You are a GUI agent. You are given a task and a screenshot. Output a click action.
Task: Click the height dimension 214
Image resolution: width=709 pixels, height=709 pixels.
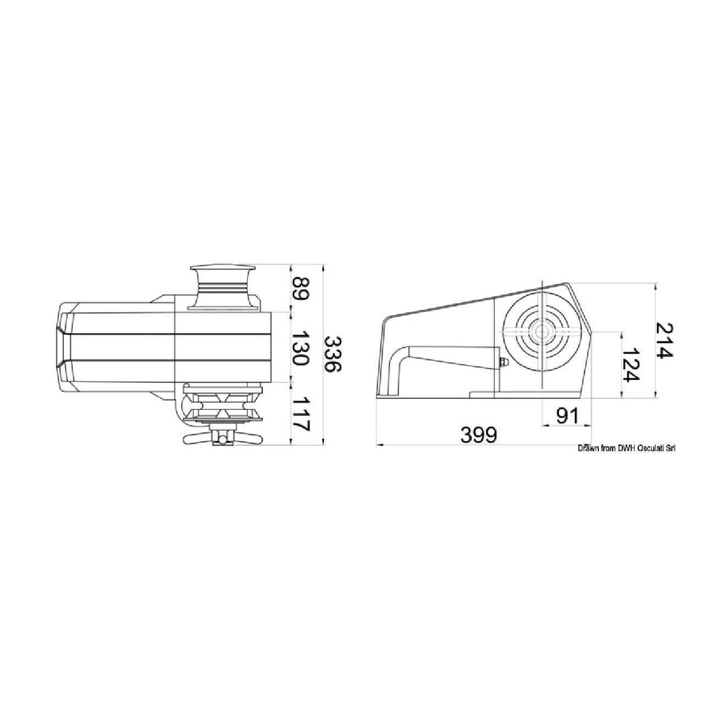pos(664,340)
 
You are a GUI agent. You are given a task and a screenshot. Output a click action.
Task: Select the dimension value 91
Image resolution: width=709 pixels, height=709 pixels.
pos(567,416)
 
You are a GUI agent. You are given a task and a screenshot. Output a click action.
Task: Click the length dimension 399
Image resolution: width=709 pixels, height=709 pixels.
pos(479,436)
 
